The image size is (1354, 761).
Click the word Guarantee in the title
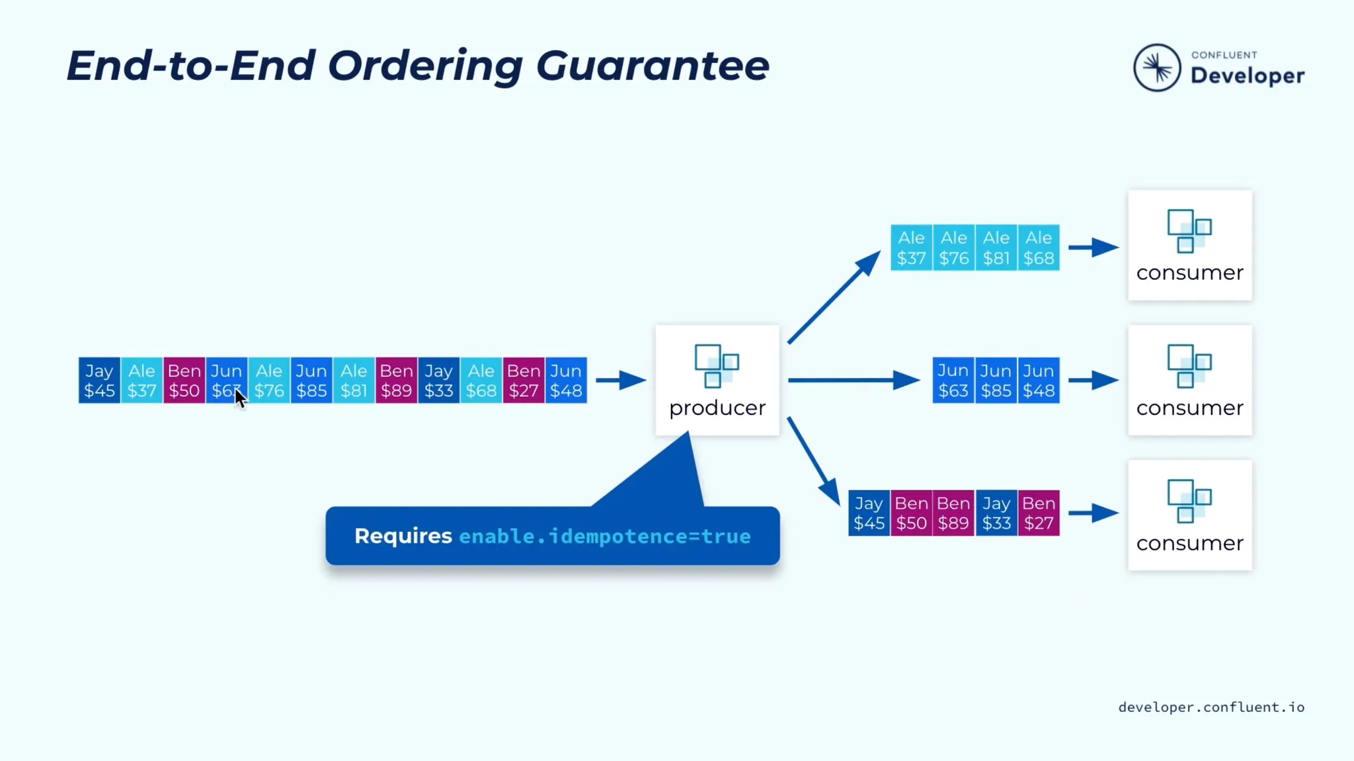point(653,66)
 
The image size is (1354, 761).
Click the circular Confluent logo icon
point(1157,67)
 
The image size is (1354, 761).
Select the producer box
point(717,380)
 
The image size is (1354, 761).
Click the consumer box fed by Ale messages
point(1190,246)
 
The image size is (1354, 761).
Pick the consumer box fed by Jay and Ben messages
point(1190,515)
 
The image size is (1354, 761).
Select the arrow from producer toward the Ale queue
point(834,296)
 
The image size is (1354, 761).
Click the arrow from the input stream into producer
point(621,380)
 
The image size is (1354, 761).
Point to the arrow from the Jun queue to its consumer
point(1094,380)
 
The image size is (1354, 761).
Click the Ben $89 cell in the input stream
point(397,380)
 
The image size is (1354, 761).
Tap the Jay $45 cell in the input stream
point(99,380)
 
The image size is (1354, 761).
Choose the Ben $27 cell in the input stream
point(524,380)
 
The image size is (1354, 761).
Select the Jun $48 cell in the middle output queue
point(1039,380)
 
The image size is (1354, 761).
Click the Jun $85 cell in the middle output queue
point(996,380)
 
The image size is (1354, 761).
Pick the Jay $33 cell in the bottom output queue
point(996,513)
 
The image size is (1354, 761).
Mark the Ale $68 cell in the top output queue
point(1039,247)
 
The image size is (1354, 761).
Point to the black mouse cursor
point(240,398)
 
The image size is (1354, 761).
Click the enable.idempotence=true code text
point(605,536)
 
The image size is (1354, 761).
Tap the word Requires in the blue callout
point(403,536)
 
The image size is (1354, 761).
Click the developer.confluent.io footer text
point(1211,707)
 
